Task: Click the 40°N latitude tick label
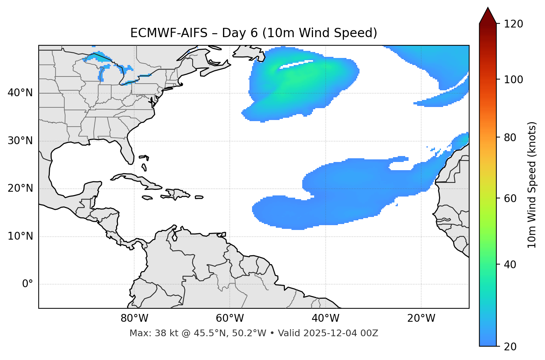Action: click(20, 93)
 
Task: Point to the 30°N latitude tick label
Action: click(20, 141)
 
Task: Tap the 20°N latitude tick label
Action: click(20, 188)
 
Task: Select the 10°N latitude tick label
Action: click(20, 236)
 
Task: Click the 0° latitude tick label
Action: click(28, 284)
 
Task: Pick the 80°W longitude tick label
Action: click(134, 318)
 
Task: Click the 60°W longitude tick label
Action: click(230, 318)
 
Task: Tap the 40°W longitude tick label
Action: click(325, 318)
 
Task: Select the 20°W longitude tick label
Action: click(421, 318)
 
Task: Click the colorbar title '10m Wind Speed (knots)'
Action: click(532, 185)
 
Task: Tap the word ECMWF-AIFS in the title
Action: click(169, 33)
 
